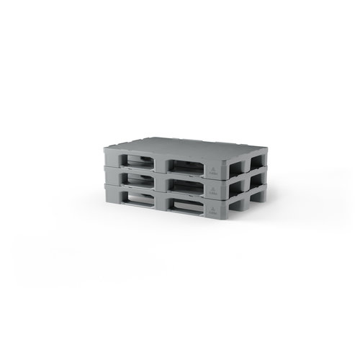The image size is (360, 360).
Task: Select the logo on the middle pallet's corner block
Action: coord(213,189)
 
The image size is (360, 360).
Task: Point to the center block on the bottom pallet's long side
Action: coord(161,202)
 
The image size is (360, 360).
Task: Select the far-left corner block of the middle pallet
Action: coord(111,174)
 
